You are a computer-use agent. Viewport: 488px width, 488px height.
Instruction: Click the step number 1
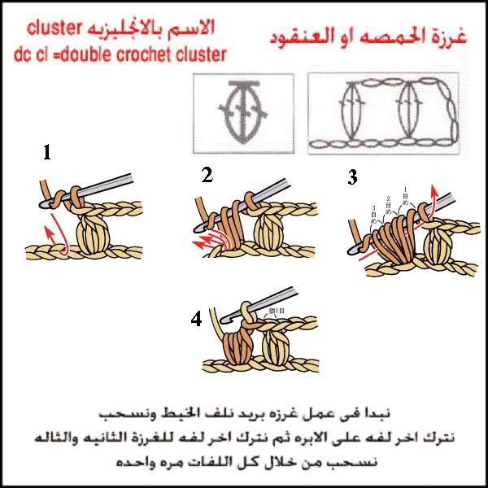pos(48,151)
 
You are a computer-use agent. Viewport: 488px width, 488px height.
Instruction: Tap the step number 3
pos(352,177)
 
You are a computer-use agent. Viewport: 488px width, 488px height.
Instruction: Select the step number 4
pos(196,320)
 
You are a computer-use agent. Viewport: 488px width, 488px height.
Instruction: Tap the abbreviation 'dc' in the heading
pos(24,54)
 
